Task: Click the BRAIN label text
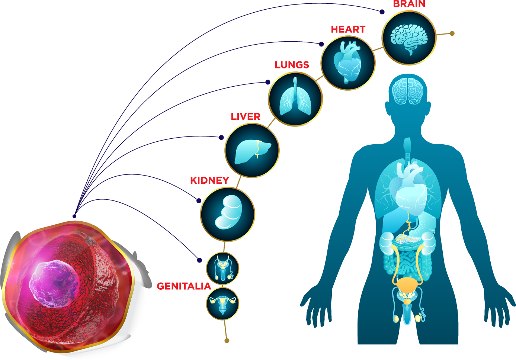[x=409, y=4]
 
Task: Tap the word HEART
[x=348, y=29]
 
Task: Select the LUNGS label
[x=292, y=65]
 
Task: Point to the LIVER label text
[x=246, y=116]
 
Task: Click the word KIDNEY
[x=209, y=180]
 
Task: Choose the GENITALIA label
[x=184, y=286]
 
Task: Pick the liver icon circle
[x=252, y=150]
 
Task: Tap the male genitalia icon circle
[x=222, y=269]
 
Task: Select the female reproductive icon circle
[x=222, y=303]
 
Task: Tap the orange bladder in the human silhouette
[x=408, y=285]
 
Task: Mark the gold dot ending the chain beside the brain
[x=452, y=33]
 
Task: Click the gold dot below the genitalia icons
[x=227, y=341]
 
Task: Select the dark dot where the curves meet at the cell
[x=74, y=216]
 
